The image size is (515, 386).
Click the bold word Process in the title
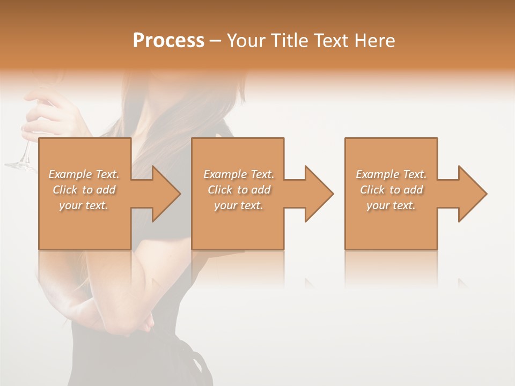(168, 41)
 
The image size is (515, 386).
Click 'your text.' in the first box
(84, 205)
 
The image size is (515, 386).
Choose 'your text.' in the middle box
(238, 205)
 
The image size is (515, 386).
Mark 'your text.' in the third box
(391, 205)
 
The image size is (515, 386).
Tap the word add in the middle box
(261, 190)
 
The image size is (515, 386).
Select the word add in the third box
(413, 190)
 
